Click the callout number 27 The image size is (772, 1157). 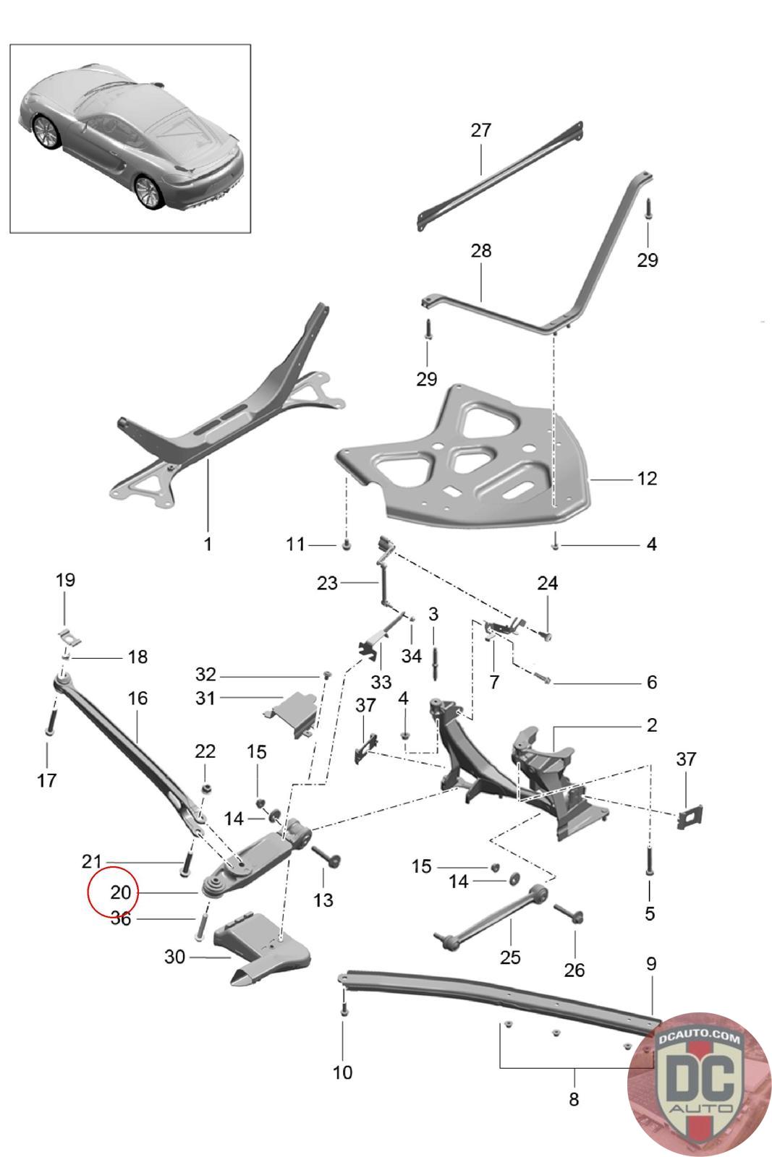(x=480, y=130)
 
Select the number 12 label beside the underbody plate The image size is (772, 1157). (x=647, y=479)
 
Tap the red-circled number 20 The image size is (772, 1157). (x=120, y=893)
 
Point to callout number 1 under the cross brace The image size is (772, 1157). (x=208, y=544)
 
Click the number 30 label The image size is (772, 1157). (x=175, y=957)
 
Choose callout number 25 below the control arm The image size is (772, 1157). (x=510, y=957)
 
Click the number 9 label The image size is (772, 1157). (x=651, y=964)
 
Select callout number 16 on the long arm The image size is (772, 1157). (x=137, y=698)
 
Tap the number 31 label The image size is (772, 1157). (x=206, y=698)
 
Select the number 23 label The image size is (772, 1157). (x=327, y=583)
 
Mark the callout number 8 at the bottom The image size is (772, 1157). (x=574, y=1099)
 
